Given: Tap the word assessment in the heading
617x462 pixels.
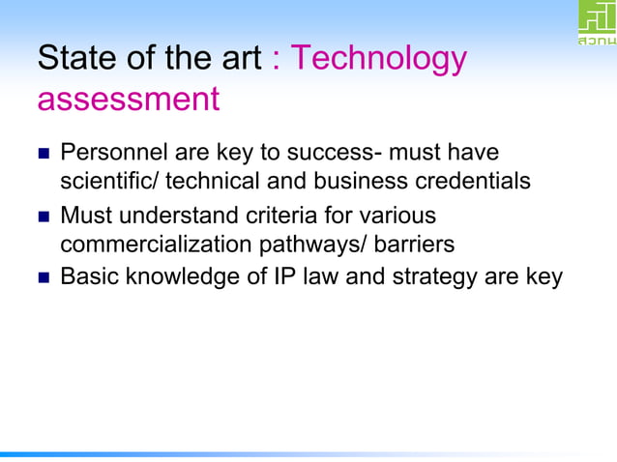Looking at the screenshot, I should pos(129,99).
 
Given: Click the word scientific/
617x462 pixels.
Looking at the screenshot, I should pos(110,181).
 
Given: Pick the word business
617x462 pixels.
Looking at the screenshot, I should pos(364,181).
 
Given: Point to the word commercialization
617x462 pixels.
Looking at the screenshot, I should pos(155,244).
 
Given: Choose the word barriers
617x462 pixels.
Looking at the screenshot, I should pos(412,244).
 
